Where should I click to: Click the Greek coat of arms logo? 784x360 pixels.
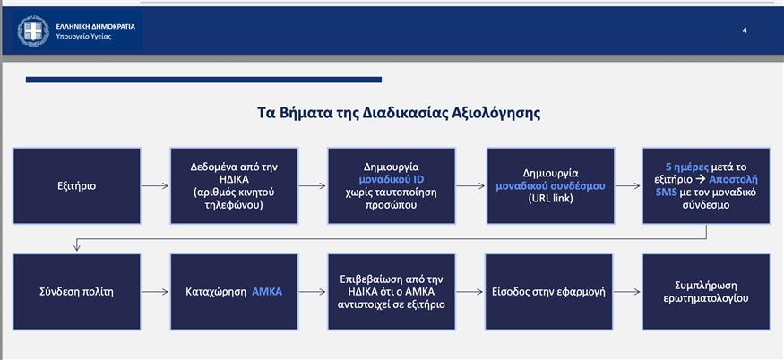33,30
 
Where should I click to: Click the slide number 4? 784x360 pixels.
745,30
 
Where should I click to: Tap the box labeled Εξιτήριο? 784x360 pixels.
76,186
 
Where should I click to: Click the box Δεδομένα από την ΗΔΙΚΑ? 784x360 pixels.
234,185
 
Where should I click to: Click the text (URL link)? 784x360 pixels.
549,199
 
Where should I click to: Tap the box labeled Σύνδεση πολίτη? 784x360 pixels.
76,291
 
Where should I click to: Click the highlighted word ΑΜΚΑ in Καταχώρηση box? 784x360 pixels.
267,291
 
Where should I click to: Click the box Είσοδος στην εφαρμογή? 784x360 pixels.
548,291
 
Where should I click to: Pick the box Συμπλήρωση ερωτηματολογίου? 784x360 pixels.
706,291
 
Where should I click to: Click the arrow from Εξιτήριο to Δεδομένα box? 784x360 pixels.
155,186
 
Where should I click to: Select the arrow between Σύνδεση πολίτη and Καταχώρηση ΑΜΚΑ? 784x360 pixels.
155,291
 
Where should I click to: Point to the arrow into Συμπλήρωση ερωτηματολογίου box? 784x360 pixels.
627,291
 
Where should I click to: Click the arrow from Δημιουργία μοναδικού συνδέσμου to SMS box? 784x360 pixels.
627,186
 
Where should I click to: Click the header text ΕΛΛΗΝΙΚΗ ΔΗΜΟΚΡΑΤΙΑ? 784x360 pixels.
95,26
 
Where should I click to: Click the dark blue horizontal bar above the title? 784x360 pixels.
203,80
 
